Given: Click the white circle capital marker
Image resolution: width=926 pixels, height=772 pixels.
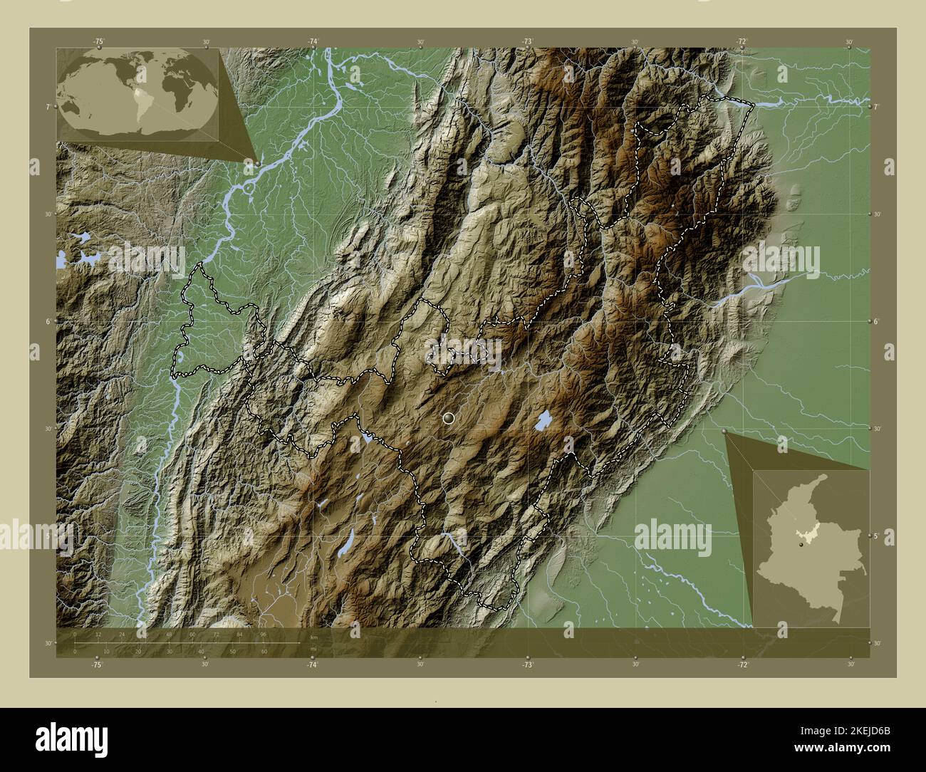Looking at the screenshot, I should [x=448, y=418].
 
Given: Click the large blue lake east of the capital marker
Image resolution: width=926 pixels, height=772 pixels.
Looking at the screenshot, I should [x=543, y=422].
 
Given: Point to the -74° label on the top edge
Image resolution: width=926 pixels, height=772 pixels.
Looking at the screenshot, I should [x=313, y=42].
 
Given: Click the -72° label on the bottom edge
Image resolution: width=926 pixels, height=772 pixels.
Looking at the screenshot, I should [x=742, y=664].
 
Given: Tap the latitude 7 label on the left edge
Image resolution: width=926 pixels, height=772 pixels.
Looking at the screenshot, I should [x=48, y=107].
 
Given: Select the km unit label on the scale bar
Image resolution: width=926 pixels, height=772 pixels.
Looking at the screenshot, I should [x=313, y=637].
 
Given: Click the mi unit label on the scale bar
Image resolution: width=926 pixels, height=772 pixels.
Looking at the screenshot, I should [x=313, y=648].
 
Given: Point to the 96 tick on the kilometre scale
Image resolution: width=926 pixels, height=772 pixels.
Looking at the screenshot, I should [x=263, y=634].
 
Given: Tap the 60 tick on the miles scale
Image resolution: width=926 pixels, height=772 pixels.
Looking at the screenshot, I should [x=264, y=651].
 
